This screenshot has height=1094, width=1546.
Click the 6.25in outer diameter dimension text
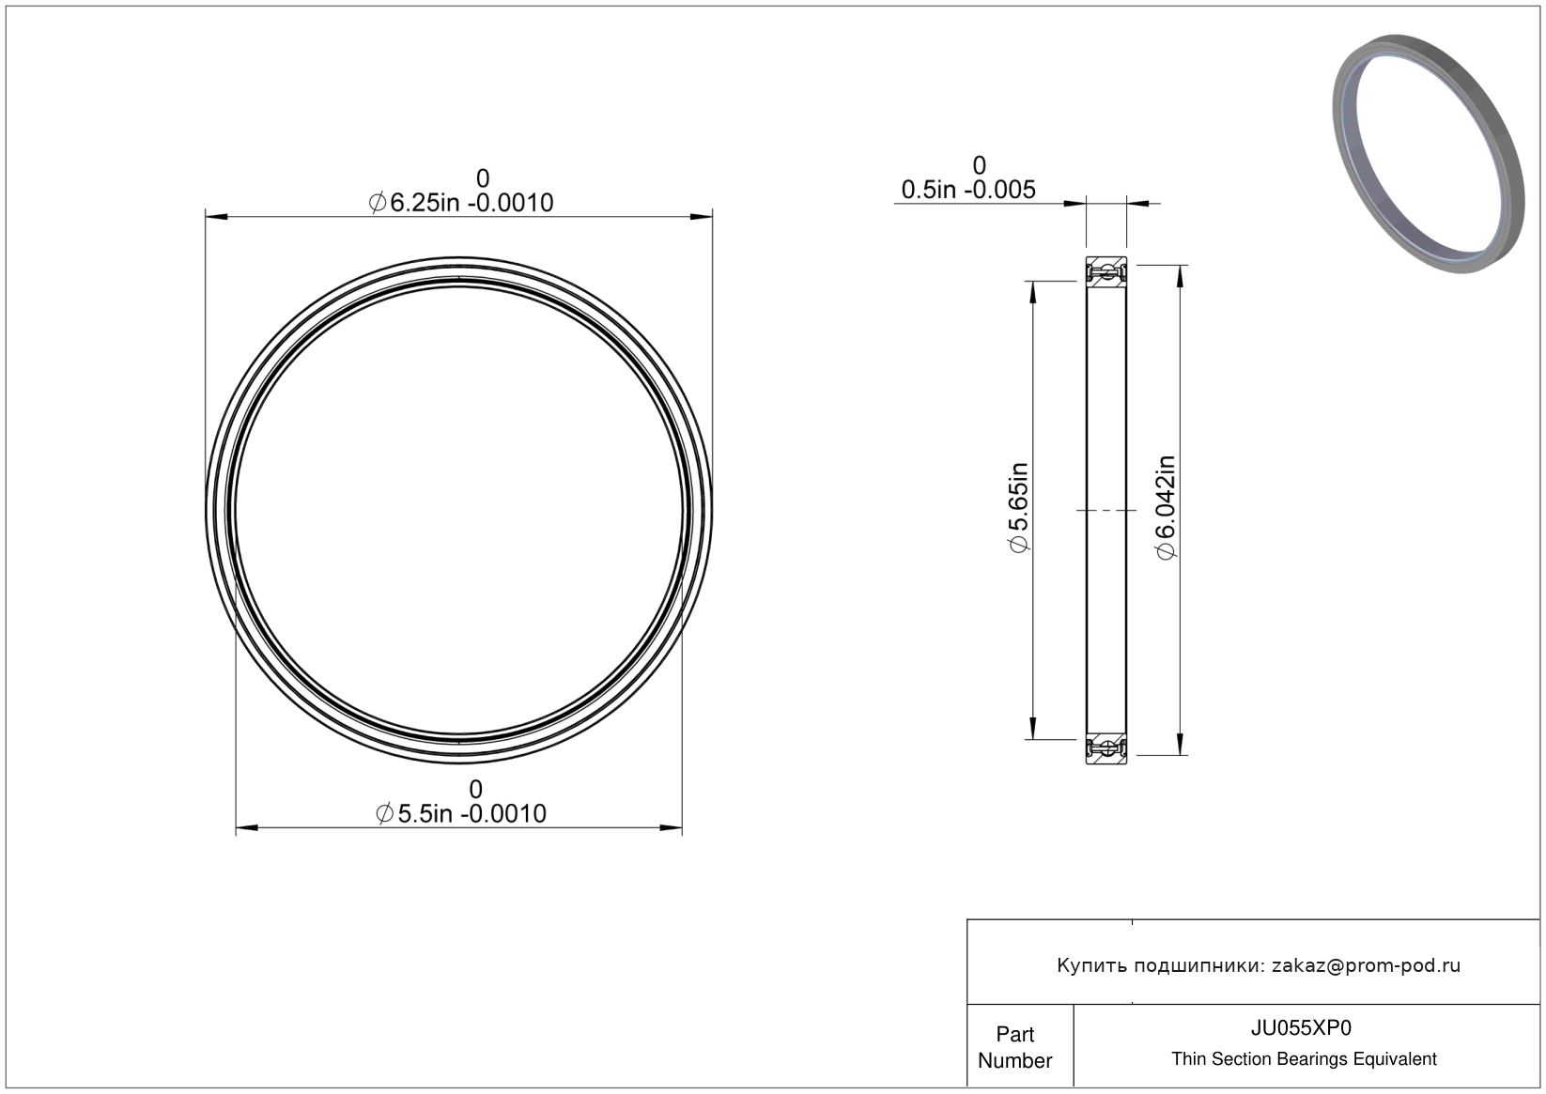coord(461,203)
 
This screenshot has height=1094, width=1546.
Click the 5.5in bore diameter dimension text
coord(461,814)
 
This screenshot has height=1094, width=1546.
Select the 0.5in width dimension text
coord(968,190)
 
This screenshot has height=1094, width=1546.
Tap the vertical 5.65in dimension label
coord(1019,507)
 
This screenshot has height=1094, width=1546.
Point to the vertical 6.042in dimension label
coord(1165,507)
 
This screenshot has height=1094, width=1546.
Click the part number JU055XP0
coord(1301,1028)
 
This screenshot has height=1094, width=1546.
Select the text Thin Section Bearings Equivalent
coord(1304,1059)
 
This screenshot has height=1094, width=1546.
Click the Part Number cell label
coord(1014,1047)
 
